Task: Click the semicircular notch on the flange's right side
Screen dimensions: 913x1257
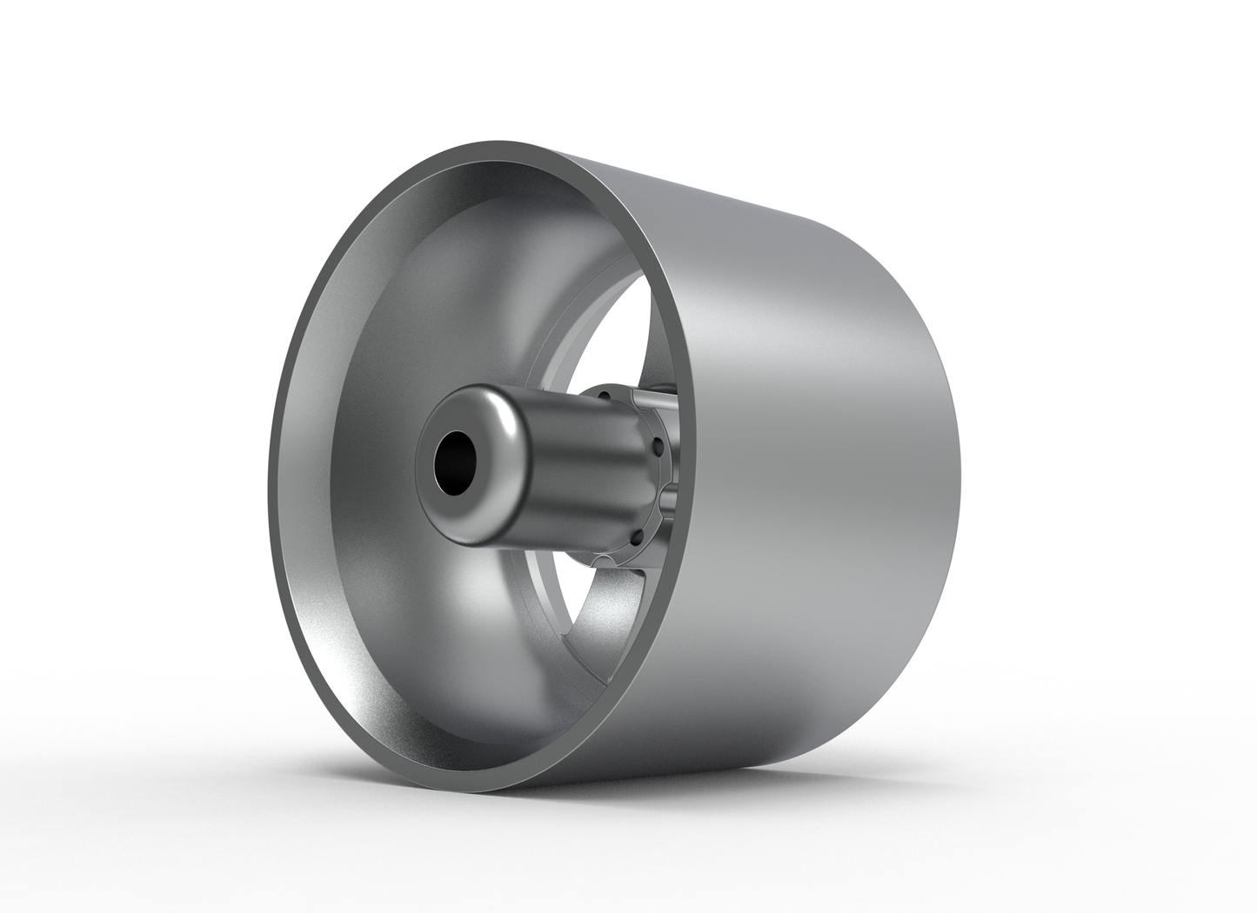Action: [667, 494]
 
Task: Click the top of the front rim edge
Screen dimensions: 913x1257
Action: [522, 146]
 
